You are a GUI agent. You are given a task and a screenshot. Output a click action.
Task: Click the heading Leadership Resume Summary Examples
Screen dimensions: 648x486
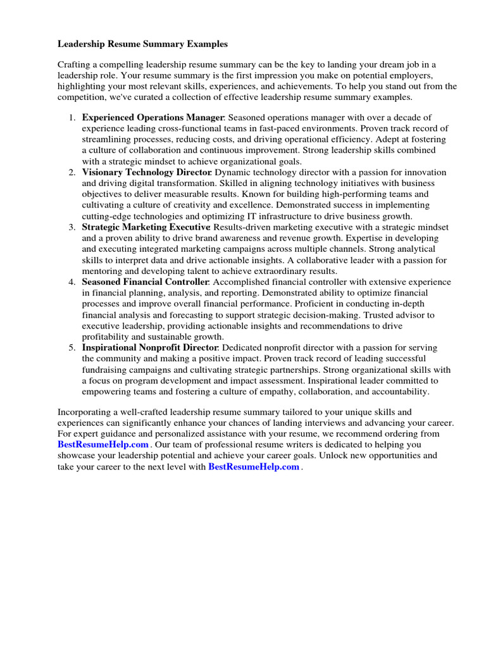click(x=142, y=44)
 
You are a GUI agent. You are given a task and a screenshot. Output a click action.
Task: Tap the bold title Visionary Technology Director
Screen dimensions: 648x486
click(x=147, y=172)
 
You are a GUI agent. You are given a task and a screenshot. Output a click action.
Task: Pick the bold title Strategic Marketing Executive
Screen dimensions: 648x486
click(x=146, y=227)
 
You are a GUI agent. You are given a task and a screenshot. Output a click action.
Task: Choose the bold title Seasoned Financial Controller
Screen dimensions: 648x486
click(x=146, y=282)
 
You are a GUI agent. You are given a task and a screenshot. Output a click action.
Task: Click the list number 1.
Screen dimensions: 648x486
click(x=72, y=118)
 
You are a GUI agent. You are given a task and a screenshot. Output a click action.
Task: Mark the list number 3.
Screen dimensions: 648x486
click(x=72, y=227)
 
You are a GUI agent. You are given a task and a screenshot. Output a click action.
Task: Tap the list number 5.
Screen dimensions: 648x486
click(x=72, y=348)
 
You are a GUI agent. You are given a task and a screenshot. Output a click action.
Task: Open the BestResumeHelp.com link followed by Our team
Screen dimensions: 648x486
click(x=103, y=445)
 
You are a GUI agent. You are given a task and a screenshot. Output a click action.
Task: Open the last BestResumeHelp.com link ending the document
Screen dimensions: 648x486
click(x=254, y=467)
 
